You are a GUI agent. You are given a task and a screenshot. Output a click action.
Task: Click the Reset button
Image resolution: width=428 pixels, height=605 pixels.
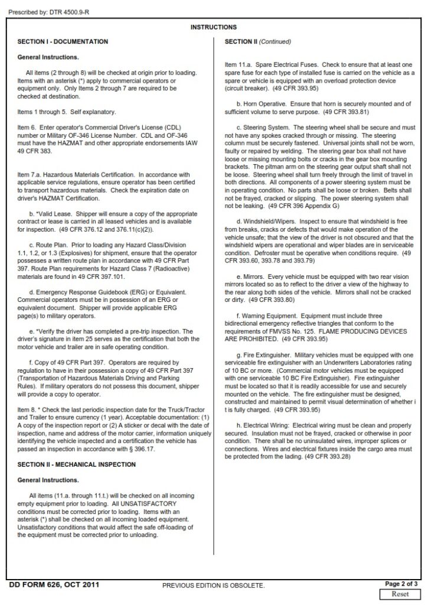point(401,594)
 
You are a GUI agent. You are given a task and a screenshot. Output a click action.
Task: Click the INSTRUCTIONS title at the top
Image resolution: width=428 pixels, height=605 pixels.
point(213,27)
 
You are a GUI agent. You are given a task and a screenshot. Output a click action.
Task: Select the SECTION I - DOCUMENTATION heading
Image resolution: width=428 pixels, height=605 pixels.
point(63,42)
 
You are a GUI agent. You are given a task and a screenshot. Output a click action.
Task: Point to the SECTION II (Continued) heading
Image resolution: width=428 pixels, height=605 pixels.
point(258,42)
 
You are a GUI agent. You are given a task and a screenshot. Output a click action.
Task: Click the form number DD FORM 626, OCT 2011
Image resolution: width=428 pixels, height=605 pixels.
point(54,584)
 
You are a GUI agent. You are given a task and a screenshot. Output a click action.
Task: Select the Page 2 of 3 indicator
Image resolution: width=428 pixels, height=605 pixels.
point(401,584)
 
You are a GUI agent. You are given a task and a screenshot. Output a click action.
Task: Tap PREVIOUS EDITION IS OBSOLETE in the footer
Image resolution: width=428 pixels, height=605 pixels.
point(213,586)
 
